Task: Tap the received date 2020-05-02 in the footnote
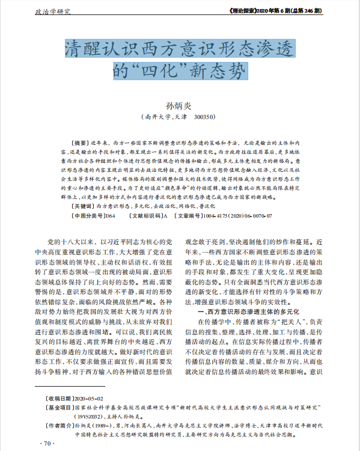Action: (88, 399)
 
